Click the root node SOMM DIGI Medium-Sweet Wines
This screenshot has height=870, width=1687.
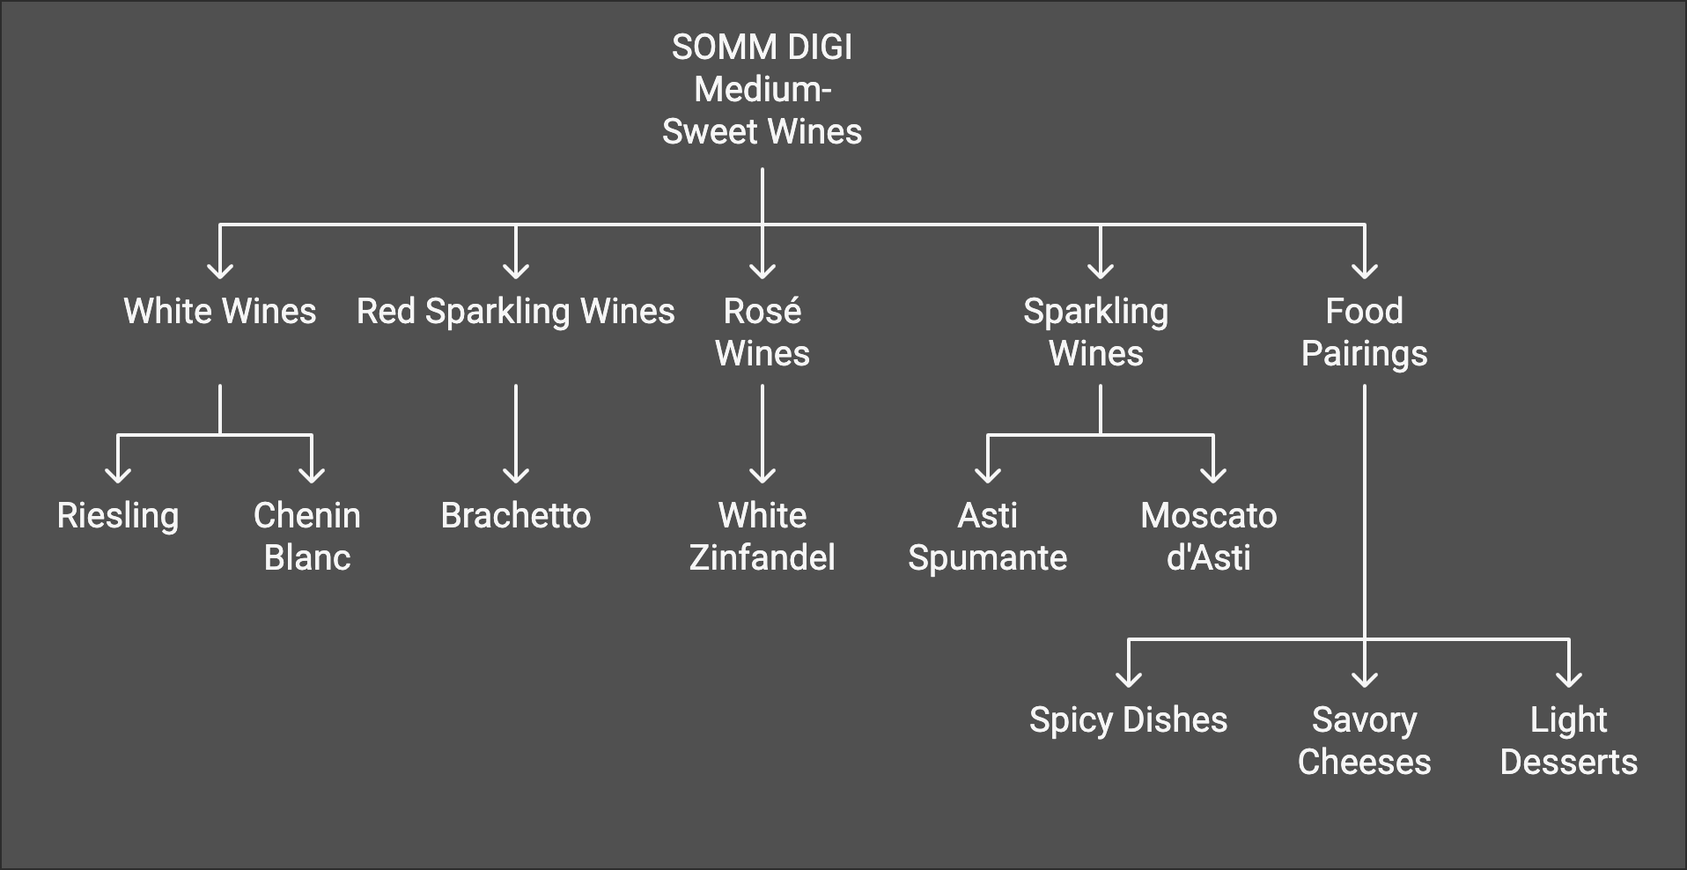pos(762,89)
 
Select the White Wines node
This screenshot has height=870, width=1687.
pos(219,312)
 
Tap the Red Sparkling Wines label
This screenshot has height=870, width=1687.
pos(515,312)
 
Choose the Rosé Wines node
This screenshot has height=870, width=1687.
pos(762,332)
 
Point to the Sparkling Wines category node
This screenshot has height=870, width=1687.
pos(1096,332)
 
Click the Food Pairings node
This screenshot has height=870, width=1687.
pos(1364,332)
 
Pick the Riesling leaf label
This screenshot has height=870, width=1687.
pos(118,516)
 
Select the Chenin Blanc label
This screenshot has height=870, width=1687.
pos(307,536)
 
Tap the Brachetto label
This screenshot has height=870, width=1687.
pos(515,516)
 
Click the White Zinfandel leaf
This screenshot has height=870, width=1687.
pos(762,536)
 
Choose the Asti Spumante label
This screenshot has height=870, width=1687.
pos(987,536)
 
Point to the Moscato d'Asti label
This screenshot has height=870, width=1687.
pos(1209,536)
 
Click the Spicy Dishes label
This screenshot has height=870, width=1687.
pos(1128,720)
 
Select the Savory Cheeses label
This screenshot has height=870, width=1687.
pos(1364,741)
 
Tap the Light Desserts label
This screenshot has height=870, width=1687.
pos(1568,741)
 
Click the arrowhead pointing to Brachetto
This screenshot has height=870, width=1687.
pos(516,476)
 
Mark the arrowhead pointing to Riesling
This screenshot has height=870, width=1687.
pos(118,476)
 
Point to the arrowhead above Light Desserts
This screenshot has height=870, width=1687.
pos(1569,680)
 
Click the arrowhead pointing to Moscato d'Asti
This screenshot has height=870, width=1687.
pos(1213,476)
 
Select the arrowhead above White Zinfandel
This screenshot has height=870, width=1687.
pos(762,476)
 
